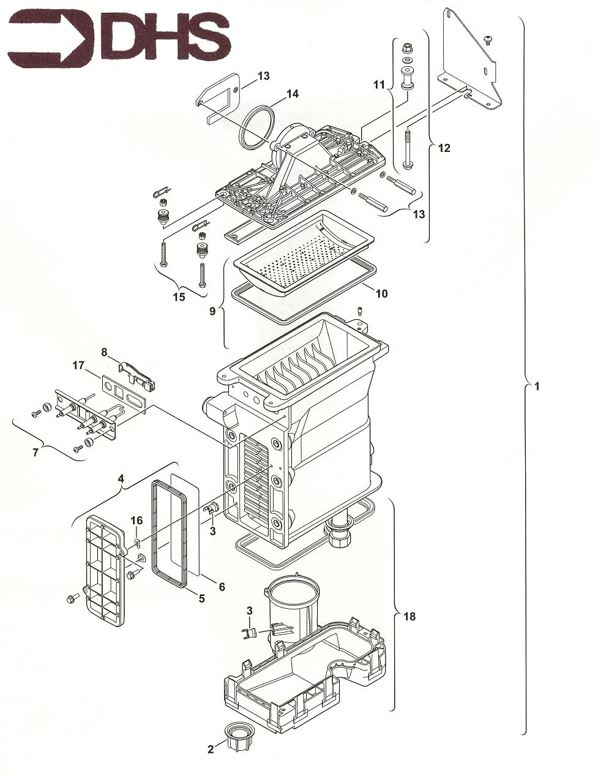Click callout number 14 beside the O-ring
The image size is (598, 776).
(x=292, y=94)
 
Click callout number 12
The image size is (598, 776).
(x=444, y=148)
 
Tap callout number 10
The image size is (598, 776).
(x=381, y=293)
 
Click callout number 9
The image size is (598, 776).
(x=212, y=311)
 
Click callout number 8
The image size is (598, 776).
(x=104, y=352)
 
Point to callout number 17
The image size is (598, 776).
(x=78, y=366)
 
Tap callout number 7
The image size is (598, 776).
(x=36, y=452)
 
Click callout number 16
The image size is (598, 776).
(x=136, y=520)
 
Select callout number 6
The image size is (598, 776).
(x=222, y=587)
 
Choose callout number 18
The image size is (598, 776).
(x=409, y=616)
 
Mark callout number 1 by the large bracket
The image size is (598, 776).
(x=537, y=386)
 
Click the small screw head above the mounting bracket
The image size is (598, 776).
(x=488, y=40)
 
